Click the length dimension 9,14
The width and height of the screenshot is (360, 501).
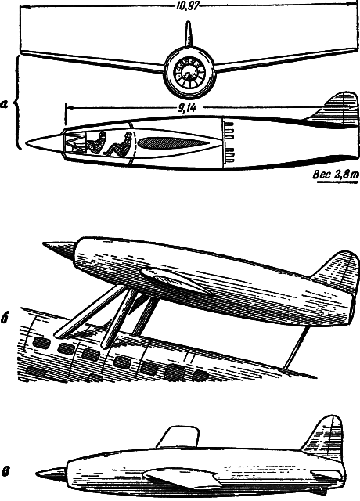pyautogui.click(x=186, y=108)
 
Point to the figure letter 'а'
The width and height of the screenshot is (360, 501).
pyautogui.click(x=5, y=104)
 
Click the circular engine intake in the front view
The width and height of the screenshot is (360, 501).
pyautogui.click(x=189, y=73)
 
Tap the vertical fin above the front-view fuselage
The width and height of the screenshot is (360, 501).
pyautogui.click(x=189, y=34)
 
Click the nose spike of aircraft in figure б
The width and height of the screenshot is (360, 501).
pyautogui.click(x=59, y=249)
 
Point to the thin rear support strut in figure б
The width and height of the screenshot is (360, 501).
pyautogui.click(x=297, y=348)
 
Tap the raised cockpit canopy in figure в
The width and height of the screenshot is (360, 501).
pyautogui.click(x=178, y=437)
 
